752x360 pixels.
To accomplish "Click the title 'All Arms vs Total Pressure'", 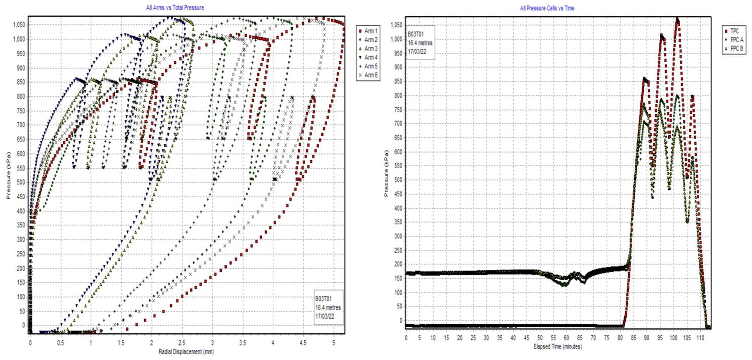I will click(175, 8).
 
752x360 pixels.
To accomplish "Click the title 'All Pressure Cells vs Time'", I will click(547, 8).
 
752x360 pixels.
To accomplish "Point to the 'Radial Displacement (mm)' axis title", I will click(186, 352).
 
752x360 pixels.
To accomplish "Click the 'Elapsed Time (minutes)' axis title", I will click(558, 346).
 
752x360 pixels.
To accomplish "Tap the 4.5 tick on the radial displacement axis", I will click(303, 343).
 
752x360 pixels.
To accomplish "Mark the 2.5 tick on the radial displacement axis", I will click(182, 343).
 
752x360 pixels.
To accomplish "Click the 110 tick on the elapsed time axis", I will click(700, 338).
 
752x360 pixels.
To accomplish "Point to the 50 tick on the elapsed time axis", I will click(540, 338).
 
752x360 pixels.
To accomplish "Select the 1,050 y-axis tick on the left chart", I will click(19, 25).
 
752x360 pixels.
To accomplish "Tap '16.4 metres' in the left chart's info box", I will click(328, 308).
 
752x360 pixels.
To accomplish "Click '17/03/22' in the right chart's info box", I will click(417, 51).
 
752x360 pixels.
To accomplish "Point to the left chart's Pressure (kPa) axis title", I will click(9, 176).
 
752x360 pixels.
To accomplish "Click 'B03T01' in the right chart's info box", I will click(415, 34).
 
